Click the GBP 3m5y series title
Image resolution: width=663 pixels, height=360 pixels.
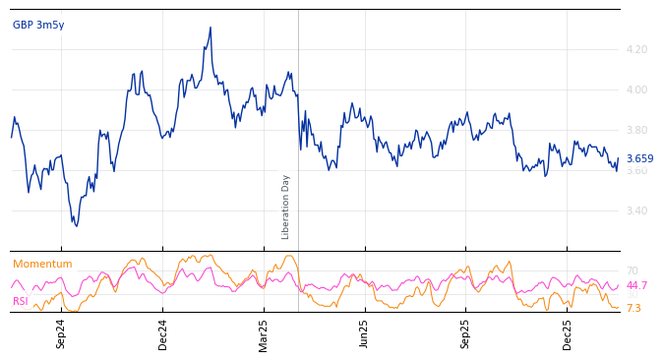[38, 26]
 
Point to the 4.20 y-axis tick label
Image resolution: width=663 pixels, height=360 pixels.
[636, 49]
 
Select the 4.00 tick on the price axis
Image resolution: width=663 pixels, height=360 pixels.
[636, 90]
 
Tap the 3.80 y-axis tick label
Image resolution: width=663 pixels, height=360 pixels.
[636, 130]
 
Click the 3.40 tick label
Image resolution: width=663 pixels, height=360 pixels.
[636, 210]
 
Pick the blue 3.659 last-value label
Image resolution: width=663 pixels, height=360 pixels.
[639, 159]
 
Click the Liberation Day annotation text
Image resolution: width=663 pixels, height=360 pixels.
[286, 207]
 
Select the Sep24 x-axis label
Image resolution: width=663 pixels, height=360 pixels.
[61, 333]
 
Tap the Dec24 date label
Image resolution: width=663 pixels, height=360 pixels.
[163, 333]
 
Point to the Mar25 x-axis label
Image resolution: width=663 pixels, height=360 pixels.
[264, 333]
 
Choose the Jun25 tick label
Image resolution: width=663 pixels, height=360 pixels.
[365, 333]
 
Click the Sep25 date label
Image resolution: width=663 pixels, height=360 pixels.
[466, 333]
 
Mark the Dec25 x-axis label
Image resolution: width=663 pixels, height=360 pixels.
[568, 333]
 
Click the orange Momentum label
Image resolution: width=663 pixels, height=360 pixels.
[42, 265]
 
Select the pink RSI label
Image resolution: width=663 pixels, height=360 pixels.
[21, 302]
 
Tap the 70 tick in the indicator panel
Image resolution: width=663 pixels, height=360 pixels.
[632, 270]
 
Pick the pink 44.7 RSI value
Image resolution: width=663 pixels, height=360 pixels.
[636, 286]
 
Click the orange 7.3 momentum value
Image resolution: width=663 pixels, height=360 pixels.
[633, 309]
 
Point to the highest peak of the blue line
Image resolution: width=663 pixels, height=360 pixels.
[211, 28]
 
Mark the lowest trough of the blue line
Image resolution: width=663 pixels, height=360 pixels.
[76, 226]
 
